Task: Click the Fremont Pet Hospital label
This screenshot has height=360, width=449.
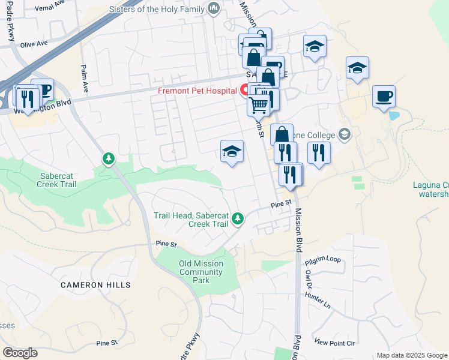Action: tap(197, 91)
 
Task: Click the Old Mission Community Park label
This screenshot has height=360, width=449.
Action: tap(201, 272)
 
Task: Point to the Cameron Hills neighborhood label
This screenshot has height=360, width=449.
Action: tap(95, 285)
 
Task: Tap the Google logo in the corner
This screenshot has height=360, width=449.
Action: tap(20, 353)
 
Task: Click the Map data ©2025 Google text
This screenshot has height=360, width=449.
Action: tap(412, 355)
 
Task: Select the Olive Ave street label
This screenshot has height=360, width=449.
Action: tap(34, 44)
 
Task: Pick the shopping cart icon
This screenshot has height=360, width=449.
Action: tap(258, 106)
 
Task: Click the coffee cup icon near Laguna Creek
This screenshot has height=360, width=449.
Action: tap(384, 97)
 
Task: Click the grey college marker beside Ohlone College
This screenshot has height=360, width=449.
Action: tap(344, 134)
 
